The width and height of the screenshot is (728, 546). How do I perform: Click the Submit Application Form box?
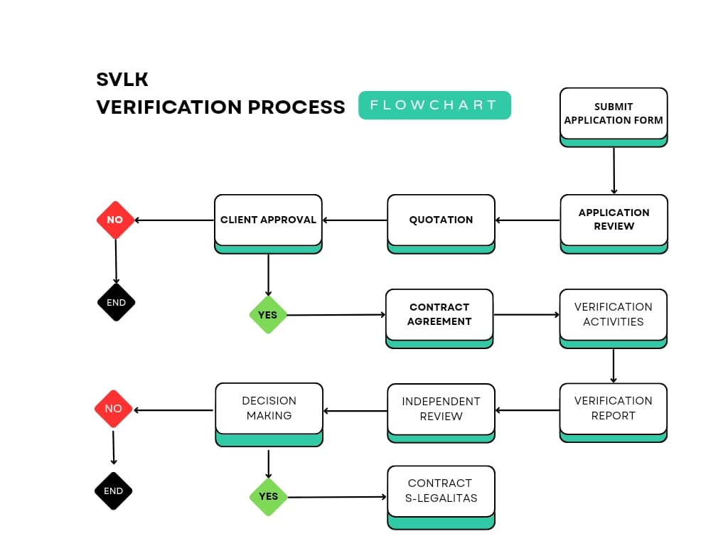coord(614,117)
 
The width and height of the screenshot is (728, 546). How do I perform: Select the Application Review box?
coord(614,224)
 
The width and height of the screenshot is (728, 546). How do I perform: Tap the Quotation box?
coord(441,224)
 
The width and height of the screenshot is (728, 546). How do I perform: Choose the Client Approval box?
coord(268,224)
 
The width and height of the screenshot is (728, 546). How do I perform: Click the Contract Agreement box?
coord(439,318)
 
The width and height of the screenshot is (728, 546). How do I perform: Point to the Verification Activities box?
coord(614,318)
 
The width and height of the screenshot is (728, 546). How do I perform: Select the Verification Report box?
coord(614,412)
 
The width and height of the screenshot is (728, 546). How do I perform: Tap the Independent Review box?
coord(441,413)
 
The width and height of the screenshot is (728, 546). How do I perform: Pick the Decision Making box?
coord(269,414)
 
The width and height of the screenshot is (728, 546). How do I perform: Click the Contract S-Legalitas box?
coord(441,497)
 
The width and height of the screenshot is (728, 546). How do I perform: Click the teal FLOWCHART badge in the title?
coord(434,105)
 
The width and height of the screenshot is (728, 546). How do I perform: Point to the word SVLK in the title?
coord(122,80)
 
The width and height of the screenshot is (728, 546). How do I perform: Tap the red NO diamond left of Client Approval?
coord(115,220)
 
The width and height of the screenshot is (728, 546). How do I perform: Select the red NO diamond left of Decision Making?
coord(113,409)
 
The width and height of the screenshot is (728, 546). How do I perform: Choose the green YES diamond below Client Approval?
coord(268,315)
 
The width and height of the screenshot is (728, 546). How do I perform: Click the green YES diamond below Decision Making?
coord(268,497)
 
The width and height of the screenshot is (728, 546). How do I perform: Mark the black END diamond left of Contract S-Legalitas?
coord(113,491)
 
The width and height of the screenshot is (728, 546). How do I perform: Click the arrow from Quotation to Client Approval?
coord(355,220)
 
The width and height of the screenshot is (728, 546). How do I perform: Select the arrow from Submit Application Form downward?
coord(614,171)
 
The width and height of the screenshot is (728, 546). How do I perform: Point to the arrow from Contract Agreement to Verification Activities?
coord(527,315)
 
